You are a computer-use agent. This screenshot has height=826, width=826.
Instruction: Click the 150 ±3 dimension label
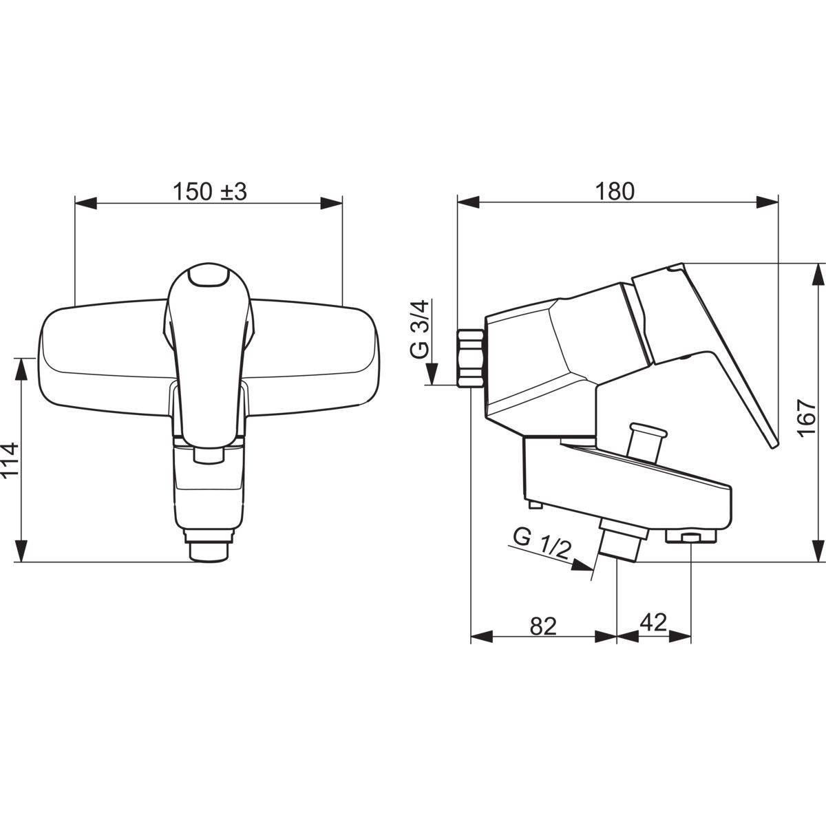210,192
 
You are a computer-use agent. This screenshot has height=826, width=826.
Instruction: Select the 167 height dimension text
807,419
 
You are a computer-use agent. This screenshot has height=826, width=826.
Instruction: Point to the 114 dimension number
10,460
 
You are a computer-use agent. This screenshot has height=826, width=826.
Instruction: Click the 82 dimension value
543,626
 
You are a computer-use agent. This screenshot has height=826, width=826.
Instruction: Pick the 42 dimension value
653,622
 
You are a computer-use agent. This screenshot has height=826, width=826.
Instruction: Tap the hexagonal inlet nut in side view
471,359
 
